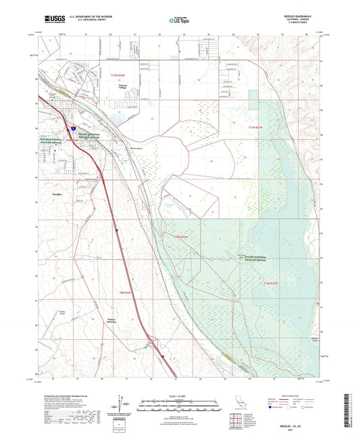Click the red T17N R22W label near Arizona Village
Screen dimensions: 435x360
(120, 76)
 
